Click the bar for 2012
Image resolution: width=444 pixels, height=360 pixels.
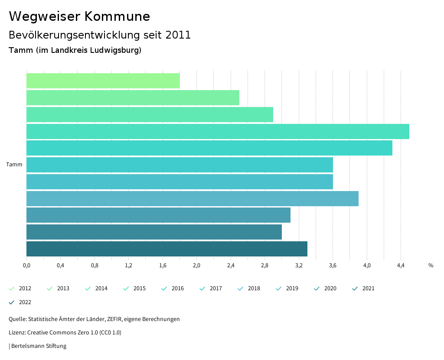tap(103, 81)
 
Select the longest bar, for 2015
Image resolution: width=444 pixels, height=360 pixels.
tap(218, 131)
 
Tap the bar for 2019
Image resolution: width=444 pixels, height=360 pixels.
tap(192, 198)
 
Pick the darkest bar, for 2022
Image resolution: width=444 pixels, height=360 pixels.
tap(166, 249)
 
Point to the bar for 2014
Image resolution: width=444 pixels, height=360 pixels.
tap(150, 114)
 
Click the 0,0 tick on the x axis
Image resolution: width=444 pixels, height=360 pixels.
tap(26, 266)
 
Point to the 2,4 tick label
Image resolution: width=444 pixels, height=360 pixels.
tap(231, 266)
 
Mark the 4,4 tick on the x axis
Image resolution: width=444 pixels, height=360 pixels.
tap(401, 266)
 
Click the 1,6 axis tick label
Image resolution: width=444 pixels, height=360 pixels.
tap(163, 266)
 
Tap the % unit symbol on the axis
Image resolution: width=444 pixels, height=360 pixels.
tap(431, 266)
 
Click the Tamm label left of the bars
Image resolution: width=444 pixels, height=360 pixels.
tap(14, 165)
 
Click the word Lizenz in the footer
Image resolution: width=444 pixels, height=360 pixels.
tap(17, 333)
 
